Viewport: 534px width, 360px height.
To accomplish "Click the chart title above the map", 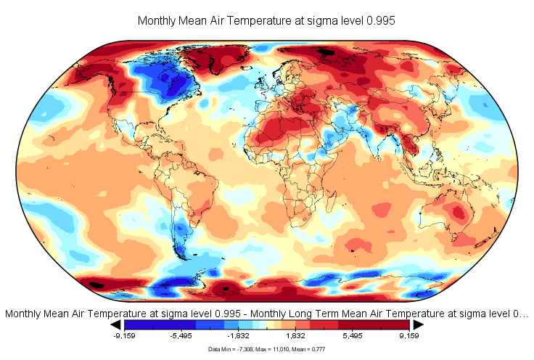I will point(266,21).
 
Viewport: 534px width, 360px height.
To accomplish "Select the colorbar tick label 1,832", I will point(295,336).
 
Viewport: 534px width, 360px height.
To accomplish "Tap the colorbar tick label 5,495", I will point(353,336).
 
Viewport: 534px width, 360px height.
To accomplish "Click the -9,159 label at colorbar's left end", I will point(124,336).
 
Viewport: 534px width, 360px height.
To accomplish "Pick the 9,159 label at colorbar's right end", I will point(410,336).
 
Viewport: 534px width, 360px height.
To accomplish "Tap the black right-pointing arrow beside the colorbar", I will point(419,324).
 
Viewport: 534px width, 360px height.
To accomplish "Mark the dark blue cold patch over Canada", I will point(172,85).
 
